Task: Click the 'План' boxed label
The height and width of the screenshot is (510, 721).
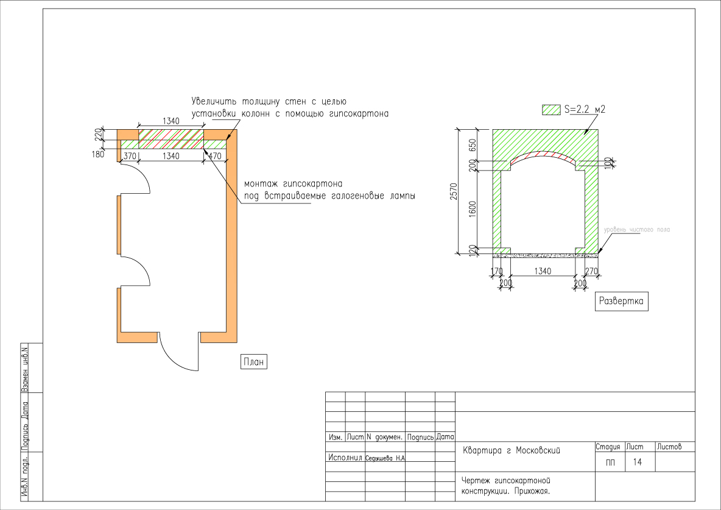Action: click(x=254, y=362)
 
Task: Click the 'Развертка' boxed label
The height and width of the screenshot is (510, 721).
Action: click(x=621, y=301)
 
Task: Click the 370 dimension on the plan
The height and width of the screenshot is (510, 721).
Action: click(x=130, y=156)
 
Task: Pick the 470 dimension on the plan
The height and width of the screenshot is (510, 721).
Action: click(x=215, y=156)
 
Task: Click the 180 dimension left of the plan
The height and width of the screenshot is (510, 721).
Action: click(x=97, y=154)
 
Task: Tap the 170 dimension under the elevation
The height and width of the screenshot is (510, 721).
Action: click(x=497, y=271)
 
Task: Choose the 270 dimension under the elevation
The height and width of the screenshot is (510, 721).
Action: click(x=590, y=271)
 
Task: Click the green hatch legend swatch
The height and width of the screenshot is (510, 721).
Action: click(x=551, y=110)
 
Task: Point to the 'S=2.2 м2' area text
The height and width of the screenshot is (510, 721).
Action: click(x=584, y=110)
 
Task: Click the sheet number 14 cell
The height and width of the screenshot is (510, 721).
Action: click(x=638, y=462)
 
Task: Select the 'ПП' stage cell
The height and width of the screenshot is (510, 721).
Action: click(x=610, y=462)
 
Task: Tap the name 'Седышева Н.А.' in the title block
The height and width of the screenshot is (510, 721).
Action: click(x=385, y=458)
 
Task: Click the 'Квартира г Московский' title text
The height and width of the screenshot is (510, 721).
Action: click(x=511, y=451)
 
